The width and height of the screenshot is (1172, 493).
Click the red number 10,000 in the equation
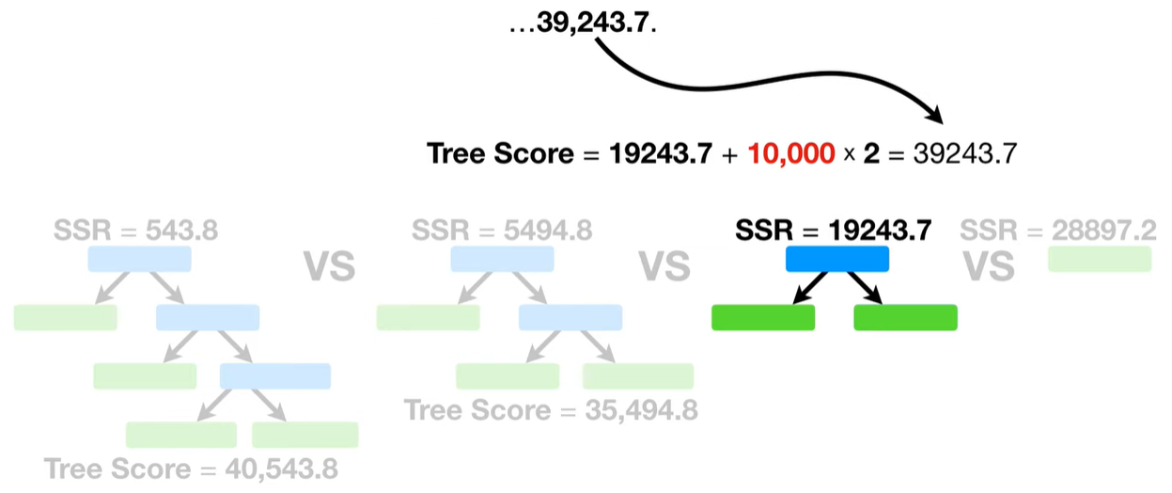[x=792, y=153]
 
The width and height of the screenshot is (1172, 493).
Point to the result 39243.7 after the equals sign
[x=965, y=153]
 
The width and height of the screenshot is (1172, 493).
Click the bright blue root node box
[x=836, y=259]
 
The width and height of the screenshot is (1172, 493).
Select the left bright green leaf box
[x=763, y=318]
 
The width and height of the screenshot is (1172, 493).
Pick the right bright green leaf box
[x=905, y=318]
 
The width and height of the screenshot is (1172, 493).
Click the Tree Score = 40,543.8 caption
[x=191, y=468]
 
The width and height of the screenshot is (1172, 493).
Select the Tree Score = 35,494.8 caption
[x=551, y=410]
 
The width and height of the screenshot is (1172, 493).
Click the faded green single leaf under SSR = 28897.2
[x=1099, y=260]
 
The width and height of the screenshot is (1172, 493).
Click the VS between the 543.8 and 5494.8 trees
[x=329, y=266]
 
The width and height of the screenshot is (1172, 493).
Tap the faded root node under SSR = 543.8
[x=139, y=260]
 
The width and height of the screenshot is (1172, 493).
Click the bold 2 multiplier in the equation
[x=871, y=153]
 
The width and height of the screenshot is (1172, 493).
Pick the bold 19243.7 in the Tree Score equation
[x=660, y=153]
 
